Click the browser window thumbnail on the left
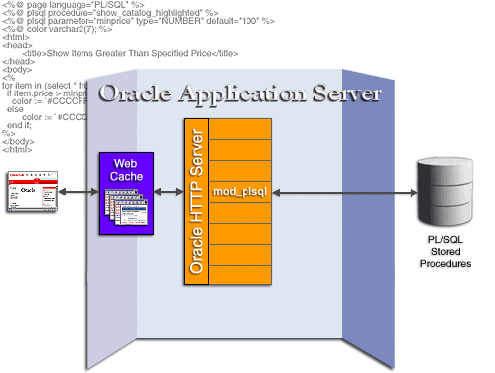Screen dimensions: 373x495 pos(32,191)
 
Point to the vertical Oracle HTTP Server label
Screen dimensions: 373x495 pos(195,203)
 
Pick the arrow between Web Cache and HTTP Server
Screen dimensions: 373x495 pos(167,191)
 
